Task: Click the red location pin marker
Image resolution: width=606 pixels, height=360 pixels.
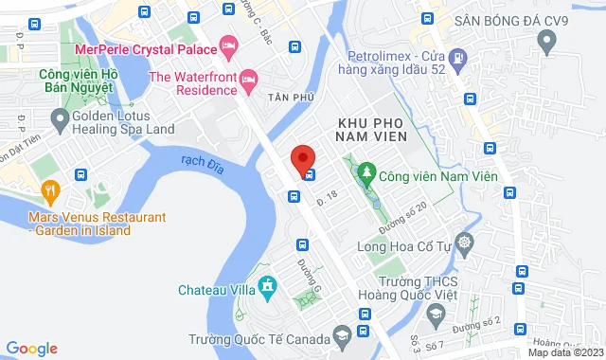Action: (x=301, y=157)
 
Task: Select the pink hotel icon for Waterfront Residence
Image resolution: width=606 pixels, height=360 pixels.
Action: (x=249, y=79)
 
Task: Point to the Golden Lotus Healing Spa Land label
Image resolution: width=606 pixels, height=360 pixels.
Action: (x=123, y=120)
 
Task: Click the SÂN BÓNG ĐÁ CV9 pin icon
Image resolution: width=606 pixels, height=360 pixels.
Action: (x=545, y=41)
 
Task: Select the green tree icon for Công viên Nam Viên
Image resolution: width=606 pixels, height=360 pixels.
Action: (x=365, y=174)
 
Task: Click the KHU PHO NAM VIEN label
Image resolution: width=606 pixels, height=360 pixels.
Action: (x=370, y=131)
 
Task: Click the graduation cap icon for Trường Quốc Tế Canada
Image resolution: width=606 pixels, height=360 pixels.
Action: (x=340, y=339)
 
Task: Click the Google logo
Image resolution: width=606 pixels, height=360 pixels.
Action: (x=31, y=348)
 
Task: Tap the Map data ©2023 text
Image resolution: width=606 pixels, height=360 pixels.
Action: (x=563, y=352)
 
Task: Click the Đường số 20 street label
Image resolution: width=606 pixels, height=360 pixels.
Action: (x=410, y=214)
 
